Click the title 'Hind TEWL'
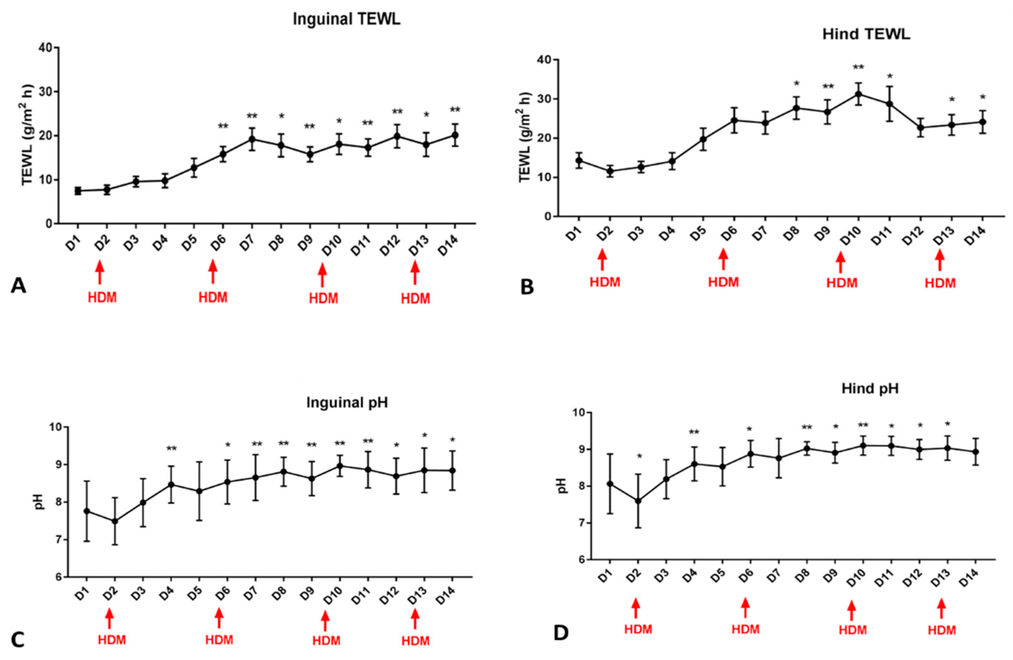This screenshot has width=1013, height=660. point(866,34)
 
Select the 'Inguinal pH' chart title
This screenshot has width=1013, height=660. point(347,403)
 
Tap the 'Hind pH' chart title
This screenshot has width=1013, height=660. point(870,389)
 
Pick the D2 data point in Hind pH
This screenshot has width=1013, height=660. point(638,501)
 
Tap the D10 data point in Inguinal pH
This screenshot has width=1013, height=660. point(340,466)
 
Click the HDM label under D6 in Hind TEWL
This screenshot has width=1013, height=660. point(724,282)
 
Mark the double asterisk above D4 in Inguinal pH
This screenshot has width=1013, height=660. point(172,449)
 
